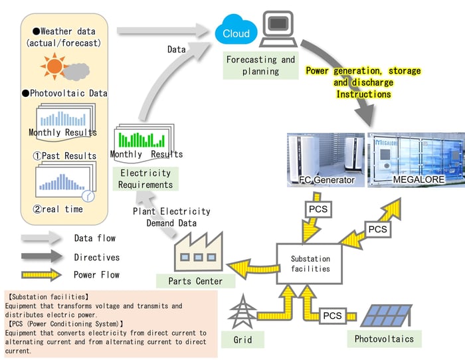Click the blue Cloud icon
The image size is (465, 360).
pyautogui.click(x=235, y=31)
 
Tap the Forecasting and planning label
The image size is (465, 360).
pyautogui.click(x=260, y=65)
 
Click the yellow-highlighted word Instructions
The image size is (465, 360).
pyautogui.click(x=363, y=95)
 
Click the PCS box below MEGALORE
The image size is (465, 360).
pyautogui.click(x=377, y=229)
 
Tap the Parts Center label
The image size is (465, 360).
pyautogui.click(x=195, y=281)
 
